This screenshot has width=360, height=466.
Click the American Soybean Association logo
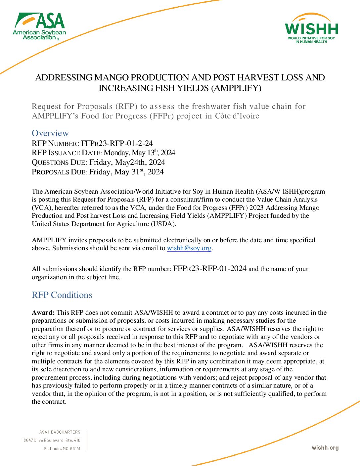click(x=40, y=26)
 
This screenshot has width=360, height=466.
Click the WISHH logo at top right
click(x=311, y=29)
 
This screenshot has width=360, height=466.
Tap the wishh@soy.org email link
click(x=189, y=248)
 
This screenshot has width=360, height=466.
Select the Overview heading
click(x=50, y=133)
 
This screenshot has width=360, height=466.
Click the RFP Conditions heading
click(x=62, y=295)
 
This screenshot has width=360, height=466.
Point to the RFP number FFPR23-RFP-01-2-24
click(x=117, y=143)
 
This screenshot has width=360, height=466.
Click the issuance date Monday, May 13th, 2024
click(x=139, y=153)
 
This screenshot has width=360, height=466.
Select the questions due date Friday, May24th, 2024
click(x=127, y=162)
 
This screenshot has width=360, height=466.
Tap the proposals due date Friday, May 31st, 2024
click(x=126, y=172)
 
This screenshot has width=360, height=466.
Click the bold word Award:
click(x=43, y=312)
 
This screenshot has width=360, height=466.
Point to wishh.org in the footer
click(x=325, y=448)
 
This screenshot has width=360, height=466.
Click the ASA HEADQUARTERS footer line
click(x=60, y=432)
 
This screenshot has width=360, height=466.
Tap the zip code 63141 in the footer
click(x=75, y=448)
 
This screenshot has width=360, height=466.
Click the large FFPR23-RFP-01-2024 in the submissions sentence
click(x=209, y=268)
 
